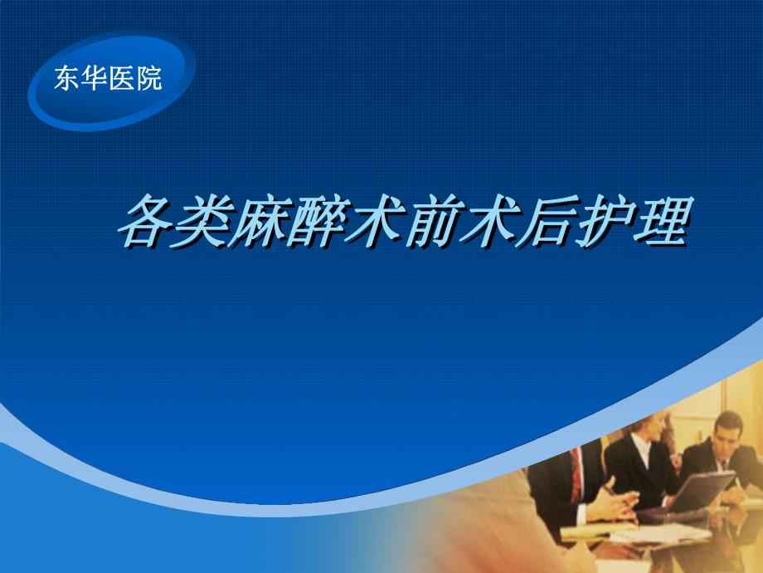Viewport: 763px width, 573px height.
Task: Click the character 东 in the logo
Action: (x=67, y=79)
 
